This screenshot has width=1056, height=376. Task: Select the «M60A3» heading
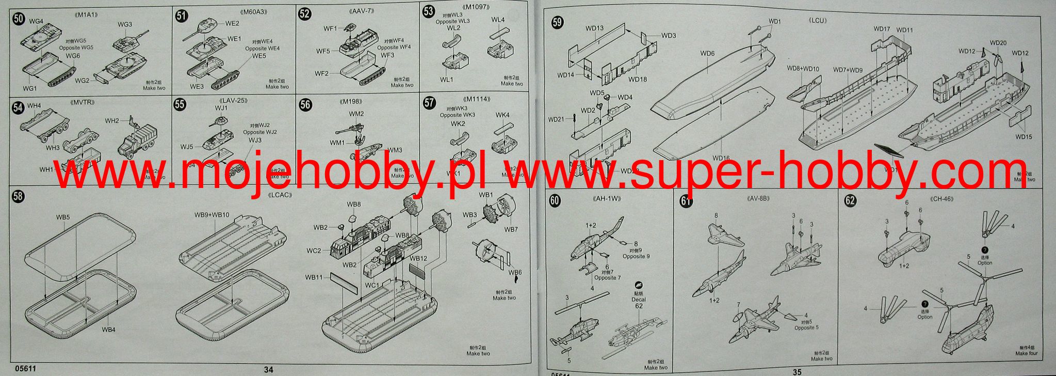coord(252,11)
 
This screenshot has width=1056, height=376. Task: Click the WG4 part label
coord(36,21)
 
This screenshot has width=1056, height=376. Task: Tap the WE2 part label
coord(232,23)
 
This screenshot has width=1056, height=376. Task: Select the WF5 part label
coord(323,51)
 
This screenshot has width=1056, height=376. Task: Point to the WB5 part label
coord(63,217)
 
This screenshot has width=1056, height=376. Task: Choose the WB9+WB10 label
coord(212,214)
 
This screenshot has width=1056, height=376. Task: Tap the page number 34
coord(269,369)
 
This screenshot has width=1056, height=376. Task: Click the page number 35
coord(797,371)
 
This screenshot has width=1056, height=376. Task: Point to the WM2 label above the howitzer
coord(356,114)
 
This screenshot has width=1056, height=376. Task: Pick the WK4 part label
coord(502,115)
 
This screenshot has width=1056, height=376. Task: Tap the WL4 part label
coord(498,20)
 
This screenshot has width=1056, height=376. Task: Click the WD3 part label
coord(669,36)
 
